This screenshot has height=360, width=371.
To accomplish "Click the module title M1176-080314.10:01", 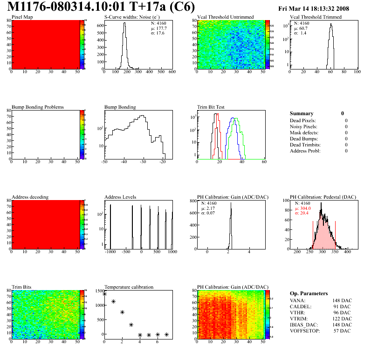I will (61, 8).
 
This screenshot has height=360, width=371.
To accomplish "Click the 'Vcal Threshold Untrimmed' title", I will (225, 17).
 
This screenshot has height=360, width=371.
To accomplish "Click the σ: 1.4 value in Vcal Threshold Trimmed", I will (301, 33).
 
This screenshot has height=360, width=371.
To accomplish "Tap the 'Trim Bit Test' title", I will (211, 107).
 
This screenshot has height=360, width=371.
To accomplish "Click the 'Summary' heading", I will (302, 113).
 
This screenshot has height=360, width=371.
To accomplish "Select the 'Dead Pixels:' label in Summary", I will (303, 121).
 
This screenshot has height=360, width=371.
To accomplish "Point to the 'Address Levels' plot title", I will (120, 197).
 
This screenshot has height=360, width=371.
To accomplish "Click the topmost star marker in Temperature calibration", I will (104, 294).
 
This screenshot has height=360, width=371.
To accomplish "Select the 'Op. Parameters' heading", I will (309, 294).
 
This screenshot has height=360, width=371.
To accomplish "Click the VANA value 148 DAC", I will (337, 301).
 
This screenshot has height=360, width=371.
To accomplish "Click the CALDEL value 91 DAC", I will (338, 307).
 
